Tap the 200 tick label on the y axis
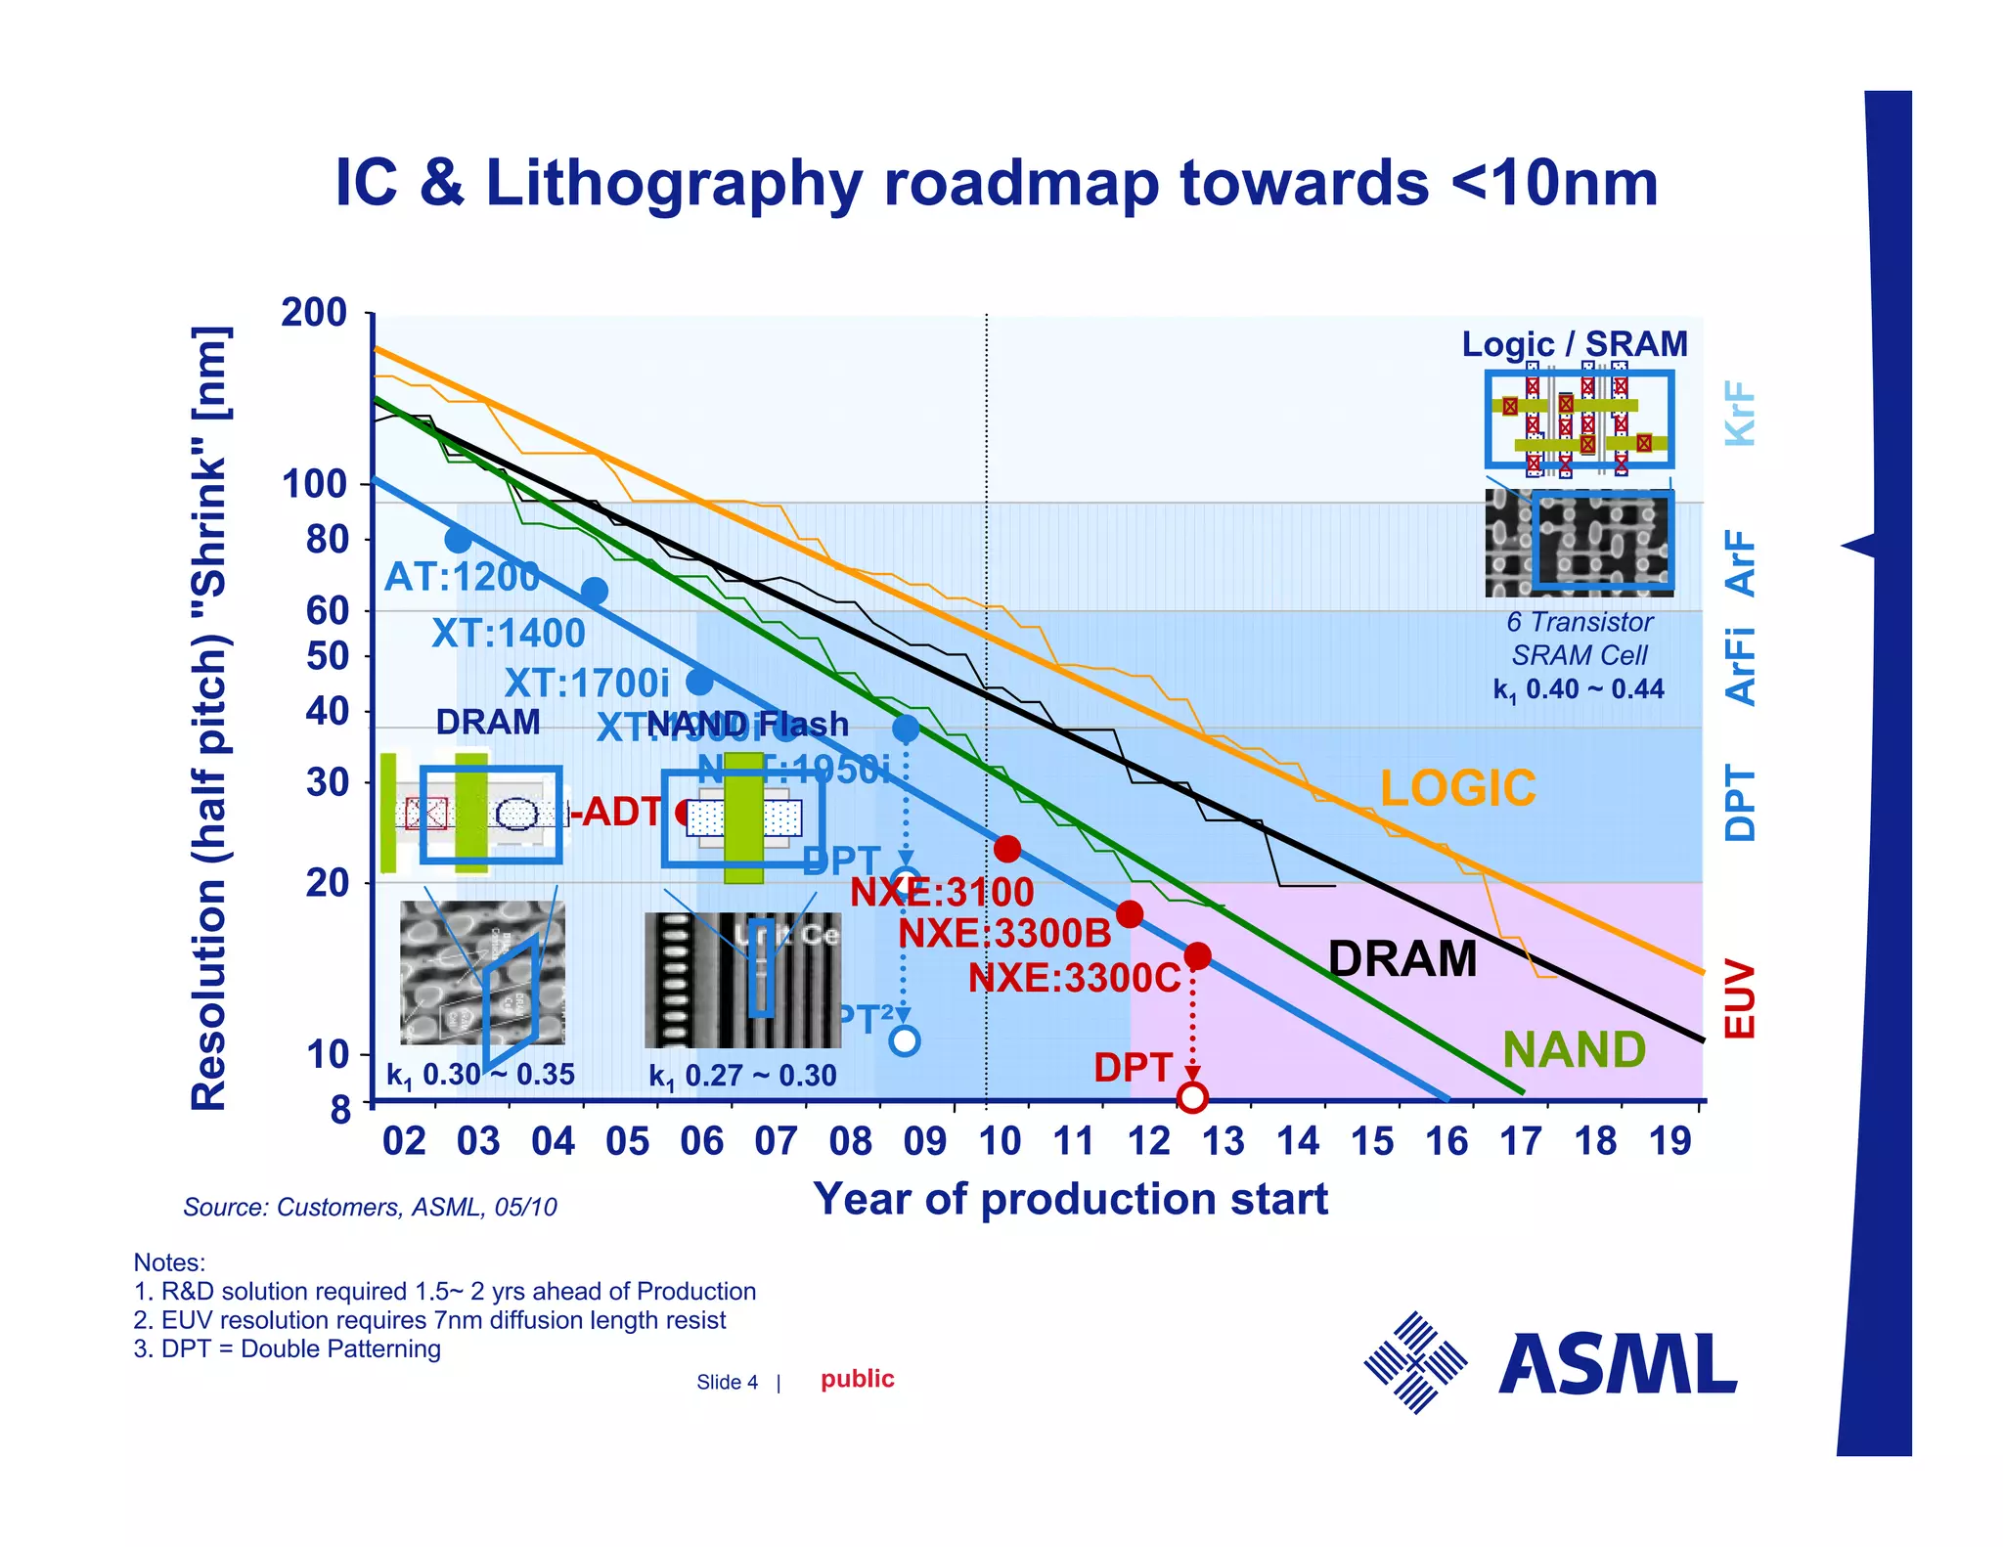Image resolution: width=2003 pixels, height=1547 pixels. [314, 313]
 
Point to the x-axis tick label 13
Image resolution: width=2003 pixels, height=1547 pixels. [1223, 1141]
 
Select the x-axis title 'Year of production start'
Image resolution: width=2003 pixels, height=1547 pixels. [1070, 1199]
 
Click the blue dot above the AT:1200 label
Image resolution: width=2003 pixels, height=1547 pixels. [458, 539]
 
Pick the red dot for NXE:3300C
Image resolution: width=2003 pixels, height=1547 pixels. [1197, 956]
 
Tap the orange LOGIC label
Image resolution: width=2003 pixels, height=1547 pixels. [1457, 788]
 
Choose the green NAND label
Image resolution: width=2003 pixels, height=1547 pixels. [1574, 1050]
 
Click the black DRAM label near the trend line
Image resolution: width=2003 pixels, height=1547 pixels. [1402, 959]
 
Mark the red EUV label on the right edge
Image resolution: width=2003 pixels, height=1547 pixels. [1740, 998]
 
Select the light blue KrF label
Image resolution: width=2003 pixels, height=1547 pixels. [1740, 414]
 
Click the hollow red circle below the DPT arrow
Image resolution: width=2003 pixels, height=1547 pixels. [1192, 1097]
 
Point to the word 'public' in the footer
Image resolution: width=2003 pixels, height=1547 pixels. [858, 1379]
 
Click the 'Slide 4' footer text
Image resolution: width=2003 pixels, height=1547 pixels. [727, 1382]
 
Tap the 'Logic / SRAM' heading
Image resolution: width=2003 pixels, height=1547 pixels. [1575, 344]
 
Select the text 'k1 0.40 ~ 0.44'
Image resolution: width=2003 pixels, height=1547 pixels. [1579, 689]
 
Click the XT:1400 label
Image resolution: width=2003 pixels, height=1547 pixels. [509, 634]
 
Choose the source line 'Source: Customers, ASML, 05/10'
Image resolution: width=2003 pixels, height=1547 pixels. [370, 1207]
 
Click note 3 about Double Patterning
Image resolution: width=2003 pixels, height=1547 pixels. [287, 1348]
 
